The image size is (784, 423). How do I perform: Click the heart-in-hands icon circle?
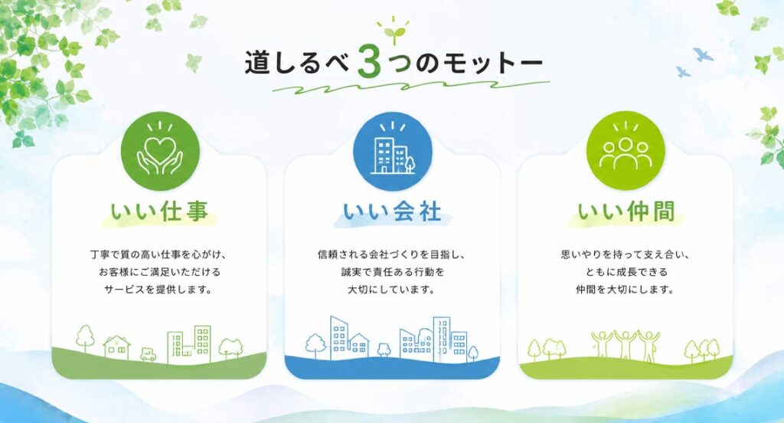point(161,151)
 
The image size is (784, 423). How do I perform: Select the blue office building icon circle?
point(393,151)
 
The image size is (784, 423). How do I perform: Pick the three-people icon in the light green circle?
point(626,151)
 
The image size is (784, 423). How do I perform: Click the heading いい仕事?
point(159,211)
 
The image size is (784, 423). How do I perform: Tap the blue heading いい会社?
point(393,211)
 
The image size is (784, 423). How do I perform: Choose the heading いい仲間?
point(626,211)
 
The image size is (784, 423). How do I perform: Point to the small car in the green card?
point(148,355)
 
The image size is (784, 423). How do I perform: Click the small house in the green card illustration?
point(116,347)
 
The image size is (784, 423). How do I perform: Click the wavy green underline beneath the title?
point(410,87)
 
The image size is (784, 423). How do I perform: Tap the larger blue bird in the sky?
point(703,54)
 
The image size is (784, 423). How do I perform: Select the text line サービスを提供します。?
point(158,290)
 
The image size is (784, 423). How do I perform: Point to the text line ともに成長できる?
point(626,272)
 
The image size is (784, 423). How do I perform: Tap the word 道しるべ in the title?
point(299,64)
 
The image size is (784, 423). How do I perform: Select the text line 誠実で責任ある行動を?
point(392,272)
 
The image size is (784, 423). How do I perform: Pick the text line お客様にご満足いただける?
point(159,272)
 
